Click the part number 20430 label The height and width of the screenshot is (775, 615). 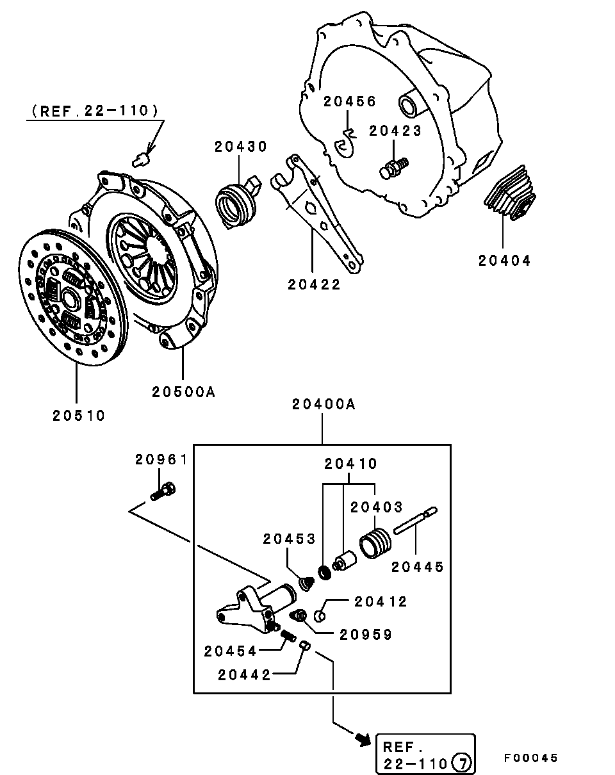(x=240, y=147)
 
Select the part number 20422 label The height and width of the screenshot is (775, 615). (x=314, y=285)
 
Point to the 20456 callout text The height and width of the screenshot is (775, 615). (x=349, y=101)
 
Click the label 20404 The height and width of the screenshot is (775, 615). (x=504, y=261)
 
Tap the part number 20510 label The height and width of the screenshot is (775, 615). (x=79, y=415)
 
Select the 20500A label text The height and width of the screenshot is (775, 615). (x=183, y=391)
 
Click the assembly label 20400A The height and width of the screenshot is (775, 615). (x=324, y=404)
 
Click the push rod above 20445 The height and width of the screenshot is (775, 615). (x=415, y=520)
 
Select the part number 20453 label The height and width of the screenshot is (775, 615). (x=289, y=539)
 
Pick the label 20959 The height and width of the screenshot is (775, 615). (x=366, y=634)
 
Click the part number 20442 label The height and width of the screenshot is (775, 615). (x=243, y=674)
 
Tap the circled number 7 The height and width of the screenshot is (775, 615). (x=461, y=763)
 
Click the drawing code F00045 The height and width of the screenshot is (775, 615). (x=530, y=758)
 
